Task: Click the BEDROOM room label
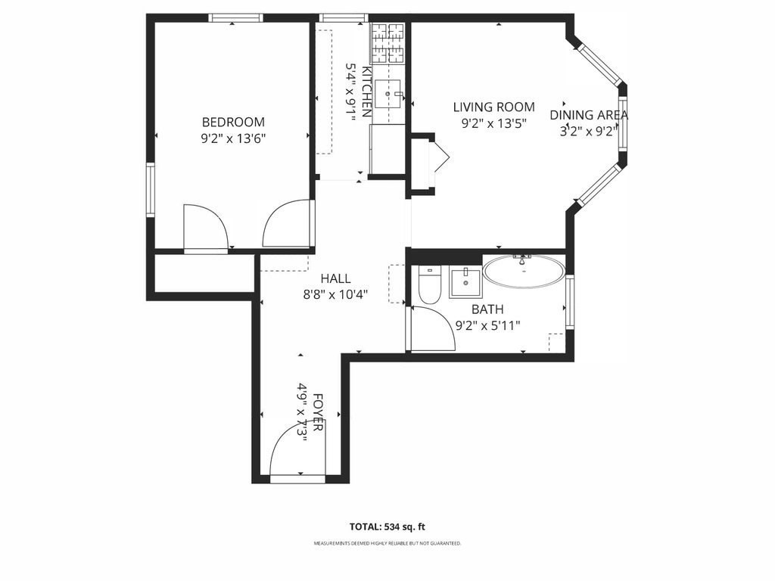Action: point(233,122)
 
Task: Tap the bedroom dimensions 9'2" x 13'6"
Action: point(233,139)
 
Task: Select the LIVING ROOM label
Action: point(493,107)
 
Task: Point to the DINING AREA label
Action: point(589,115)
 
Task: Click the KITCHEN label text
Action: point(367,92)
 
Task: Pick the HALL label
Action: point(335,278)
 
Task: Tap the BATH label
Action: point(487,309)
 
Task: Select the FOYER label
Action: point(318,412)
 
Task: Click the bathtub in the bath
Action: point(524,271)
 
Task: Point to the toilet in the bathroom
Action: point(430,285)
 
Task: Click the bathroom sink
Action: point(465,283)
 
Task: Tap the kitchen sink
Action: point(387,93)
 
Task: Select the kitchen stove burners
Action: point(388,43)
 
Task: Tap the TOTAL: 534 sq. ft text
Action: point(387,527)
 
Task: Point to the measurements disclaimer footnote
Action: point(387,543)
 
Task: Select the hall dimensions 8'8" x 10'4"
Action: point(335,295)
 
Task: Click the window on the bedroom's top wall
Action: point(235,18)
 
